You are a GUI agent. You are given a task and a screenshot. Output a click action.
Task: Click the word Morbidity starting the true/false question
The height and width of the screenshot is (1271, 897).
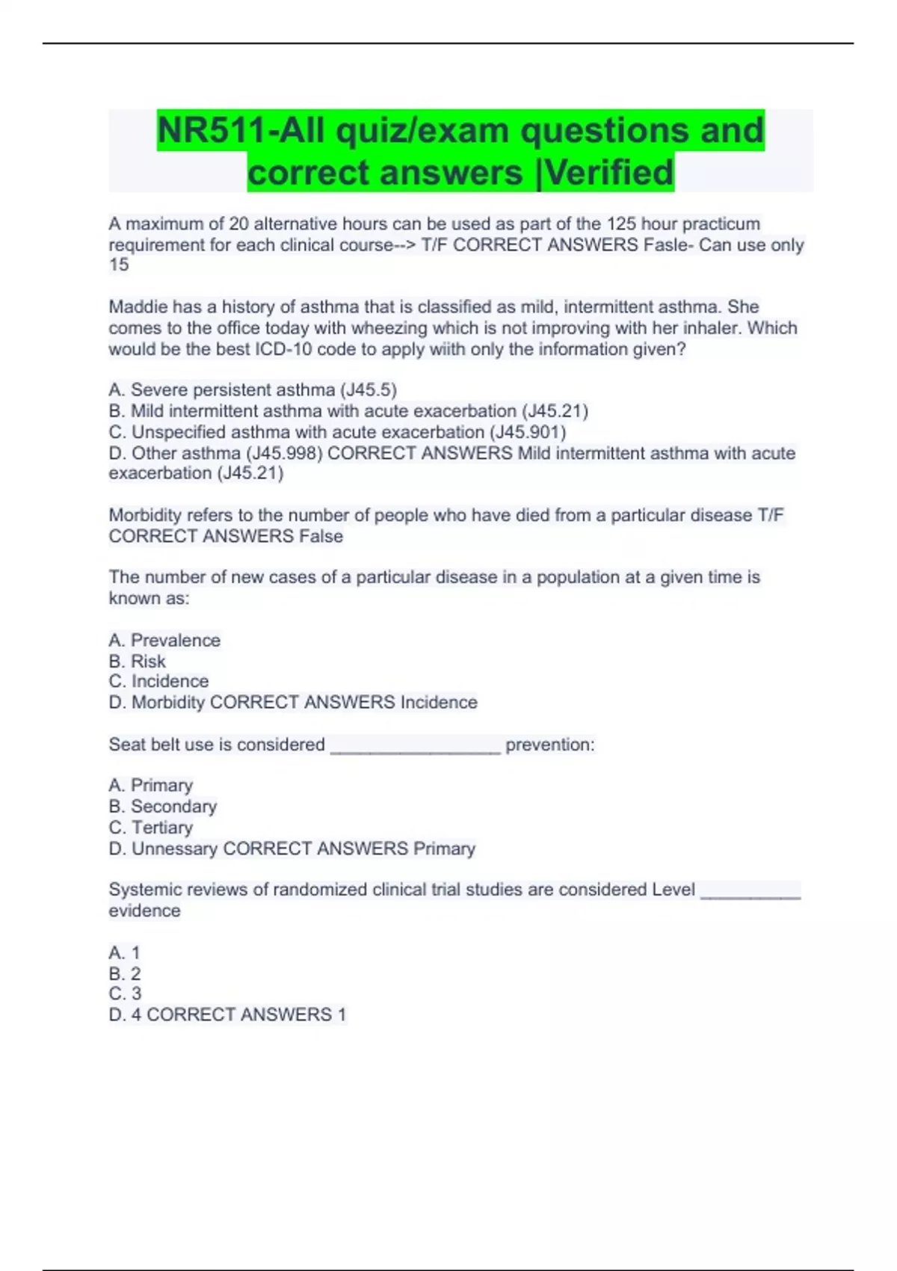point(145,516)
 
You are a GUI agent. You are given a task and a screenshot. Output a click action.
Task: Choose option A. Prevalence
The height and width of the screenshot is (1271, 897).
point(164,641)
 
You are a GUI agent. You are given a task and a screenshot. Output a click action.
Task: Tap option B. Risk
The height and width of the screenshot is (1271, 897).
point(138,662)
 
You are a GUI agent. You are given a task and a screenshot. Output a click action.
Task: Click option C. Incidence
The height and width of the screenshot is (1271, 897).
point(158,682)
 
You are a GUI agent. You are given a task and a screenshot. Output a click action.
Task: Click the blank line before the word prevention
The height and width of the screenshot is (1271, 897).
point(415,748)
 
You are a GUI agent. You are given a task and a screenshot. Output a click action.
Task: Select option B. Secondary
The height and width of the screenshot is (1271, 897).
point(163,807)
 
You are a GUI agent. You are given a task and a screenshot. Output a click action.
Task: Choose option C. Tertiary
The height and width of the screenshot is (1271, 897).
point(151,828)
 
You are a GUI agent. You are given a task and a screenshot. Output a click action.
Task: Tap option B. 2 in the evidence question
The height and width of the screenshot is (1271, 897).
point(125,974)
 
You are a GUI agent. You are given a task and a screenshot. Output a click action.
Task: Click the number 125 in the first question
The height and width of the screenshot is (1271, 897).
point(621,224)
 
